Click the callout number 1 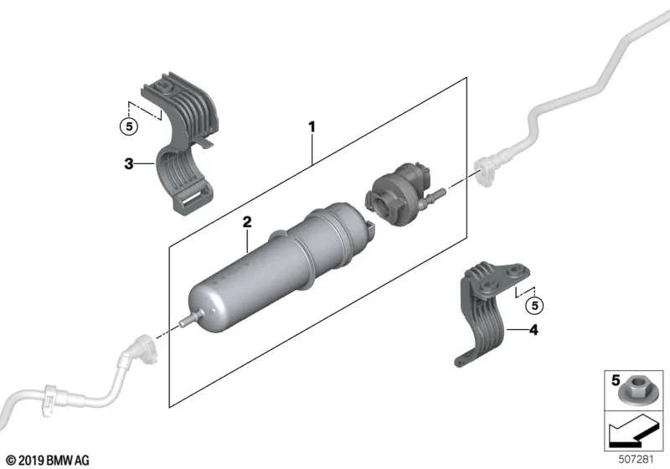pyautogui.click(x=312, y=126)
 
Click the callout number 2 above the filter pyautogui.click(x=247, y=222)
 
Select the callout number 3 pyautogui.click(x=129, y=163)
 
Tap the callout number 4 pyautogui.click(x=533, y=330)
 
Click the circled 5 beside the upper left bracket pyautogui.click(x=129, y=126)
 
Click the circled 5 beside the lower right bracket pyautogui.click(x=534, y=306)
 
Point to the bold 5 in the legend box pyautogui.click(x=616, y=380)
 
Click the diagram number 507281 pyautogui.click(x=636, y=460)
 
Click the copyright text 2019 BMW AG pyautogui.click(x=49, y=461)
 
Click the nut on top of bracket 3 pyautogui.click(x=163, y=87)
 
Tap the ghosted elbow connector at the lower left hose pyautogui.click(x=144, y=348)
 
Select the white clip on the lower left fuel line pyautogui.click(x=50, y=399)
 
